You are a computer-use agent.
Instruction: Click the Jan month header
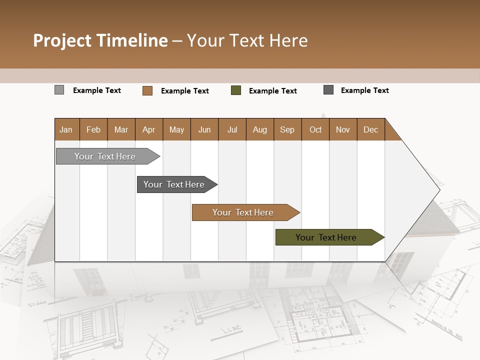[x=66, y=129]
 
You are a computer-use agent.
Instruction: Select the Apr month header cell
[x=149, y=129]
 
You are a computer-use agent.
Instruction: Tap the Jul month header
[x=232, y=129]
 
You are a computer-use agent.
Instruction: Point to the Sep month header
[x=287, y=129]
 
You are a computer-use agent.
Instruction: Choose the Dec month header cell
[x=370, y=129]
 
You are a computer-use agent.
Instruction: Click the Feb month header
[x=93, y=129]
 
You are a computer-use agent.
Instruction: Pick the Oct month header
[x=315, y=129]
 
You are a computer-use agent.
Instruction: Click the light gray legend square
[x=59, y=90]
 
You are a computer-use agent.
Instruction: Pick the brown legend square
[x=147, y=90]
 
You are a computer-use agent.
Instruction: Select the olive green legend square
[x=236, y=90]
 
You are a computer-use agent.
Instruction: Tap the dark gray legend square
[x=328, y=90]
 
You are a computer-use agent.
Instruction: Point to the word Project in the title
[x=61, y=40]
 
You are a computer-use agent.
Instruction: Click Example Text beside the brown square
[x=185, y=91]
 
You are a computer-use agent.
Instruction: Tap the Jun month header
[x=204, y=129]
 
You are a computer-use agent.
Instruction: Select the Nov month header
[x=343, y=129]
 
